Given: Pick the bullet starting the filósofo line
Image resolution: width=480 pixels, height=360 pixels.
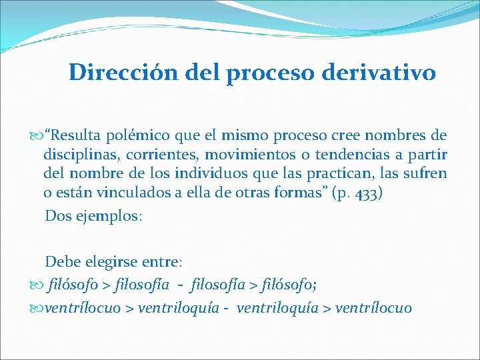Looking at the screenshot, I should (37, 286).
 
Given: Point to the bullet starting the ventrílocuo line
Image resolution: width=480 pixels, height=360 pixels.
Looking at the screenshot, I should (37, 308).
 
